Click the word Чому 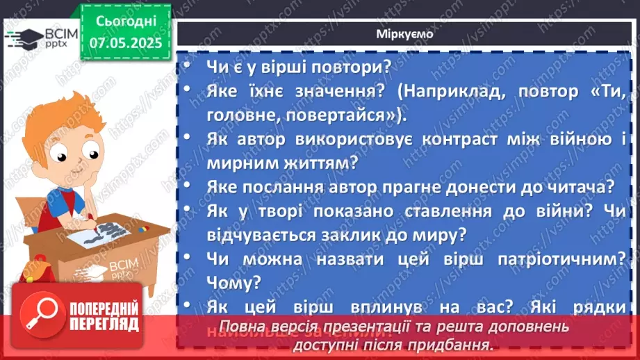(x=233, y=281)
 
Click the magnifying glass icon (x=44, y=316)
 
